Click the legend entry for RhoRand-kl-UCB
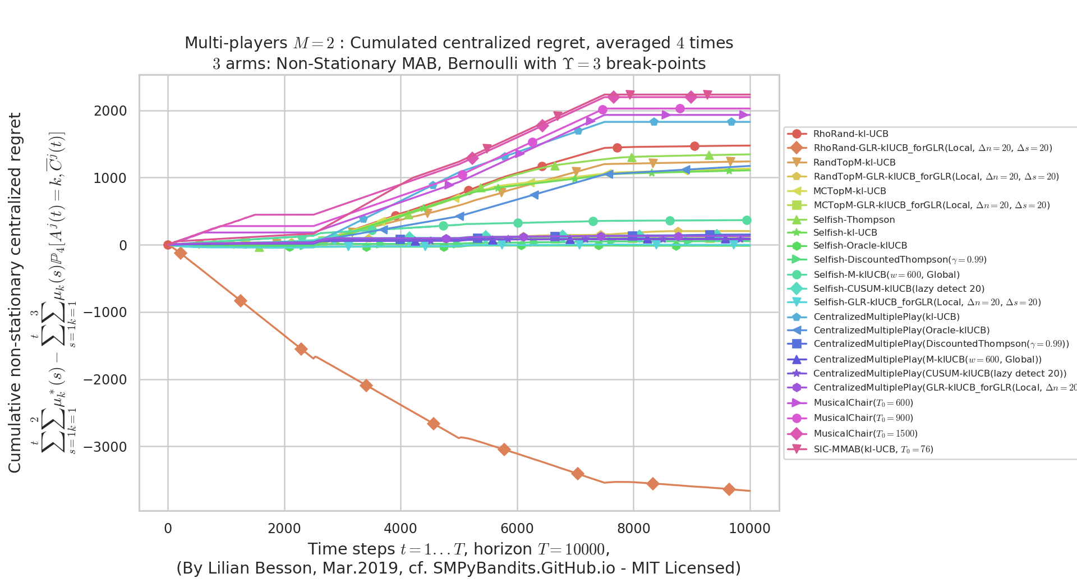[850, 134]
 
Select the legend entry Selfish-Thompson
[854, 220]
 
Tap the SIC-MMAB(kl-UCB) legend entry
[873, 450]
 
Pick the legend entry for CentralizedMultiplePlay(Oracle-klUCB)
[901, 331]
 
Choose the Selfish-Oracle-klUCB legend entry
[860, 246]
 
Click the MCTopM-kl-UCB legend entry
[849, 191]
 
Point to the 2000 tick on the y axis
[111, 111]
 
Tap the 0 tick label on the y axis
[122, 246]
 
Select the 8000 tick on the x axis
[633, 529]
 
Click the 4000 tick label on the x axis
[401, 529]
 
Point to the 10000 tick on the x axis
[749, 529]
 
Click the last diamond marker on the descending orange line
[729, 489]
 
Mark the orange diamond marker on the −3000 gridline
[504, 450]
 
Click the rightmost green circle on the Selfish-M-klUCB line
[747, 221]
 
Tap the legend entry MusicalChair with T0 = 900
[863, 418]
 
